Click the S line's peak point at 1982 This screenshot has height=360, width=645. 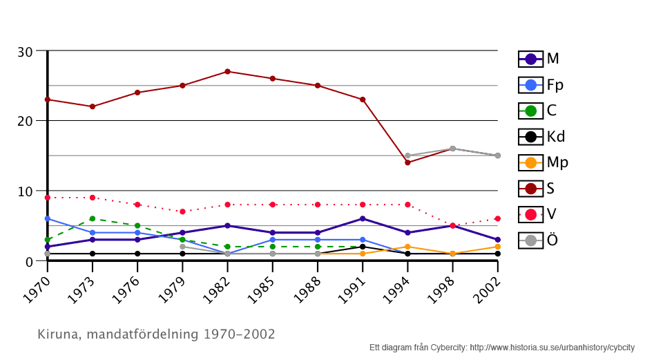(x=227, y=72)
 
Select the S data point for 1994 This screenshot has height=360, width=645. (x=407, y=162)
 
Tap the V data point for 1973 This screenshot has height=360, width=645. (x=93, y=198)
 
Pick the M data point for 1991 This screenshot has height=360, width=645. (x=363, y=218)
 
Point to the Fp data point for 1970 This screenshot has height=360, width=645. (x=48, y=218)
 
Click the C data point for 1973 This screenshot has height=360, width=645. (x=93, y=218)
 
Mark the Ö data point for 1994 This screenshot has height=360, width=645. (x=407, y=155)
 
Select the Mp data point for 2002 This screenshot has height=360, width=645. (x=497, y=247)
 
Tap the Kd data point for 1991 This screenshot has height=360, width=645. (x=363, y=247)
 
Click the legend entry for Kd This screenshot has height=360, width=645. (x=543, y=137)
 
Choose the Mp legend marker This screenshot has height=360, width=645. (x=530, y=163)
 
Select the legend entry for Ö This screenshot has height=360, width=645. (x=543, y=240)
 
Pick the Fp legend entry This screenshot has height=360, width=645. (x=543, y=85)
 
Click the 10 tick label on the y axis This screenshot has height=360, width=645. (x=25, y=191)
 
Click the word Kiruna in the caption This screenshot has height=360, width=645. (x=57, y=334)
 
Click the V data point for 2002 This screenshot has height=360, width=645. (x=497, y=218)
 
